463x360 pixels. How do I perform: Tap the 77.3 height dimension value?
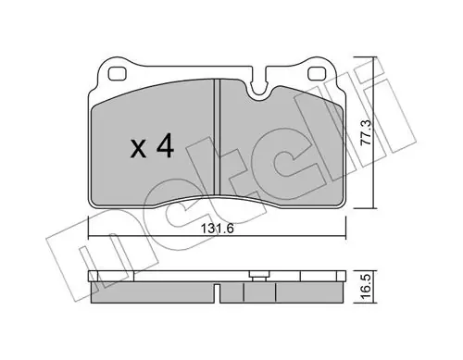pyautogui.click(x=368, y=132)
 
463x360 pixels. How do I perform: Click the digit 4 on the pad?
pyautogui.click(x=165, y=147)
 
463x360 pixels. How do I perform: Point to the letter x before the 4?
pyautogui.click(x=139, y=149)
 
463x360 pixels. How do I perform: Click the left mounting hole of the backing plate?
pyautogui.click(x=118, y=74)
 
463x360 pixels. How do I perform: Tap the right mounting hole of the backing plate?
pyautogui.click(x=317, y=74)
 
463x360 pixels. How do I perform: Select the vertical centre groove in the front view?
pyautogui.click(x=217, y=137)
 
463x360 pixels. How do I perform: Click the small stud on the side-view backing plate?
pyautogui.click(x=258, y=276)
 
